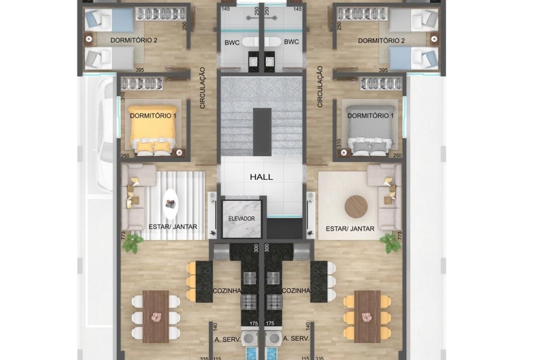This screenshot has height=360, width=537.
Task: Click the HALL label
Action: click(261, 177)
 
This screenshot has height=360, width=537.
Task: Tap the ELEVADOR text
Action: click(241, 219)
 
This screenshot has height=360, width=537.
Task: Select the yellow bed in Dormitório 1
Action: click(153, 130)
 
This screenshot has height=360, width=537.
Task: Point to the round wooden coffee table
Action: click(356, 207)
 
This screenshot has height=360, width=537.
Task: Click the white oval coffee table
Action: click(170, 204)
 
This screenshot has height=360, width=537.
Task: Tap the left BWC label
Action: click(232, 43)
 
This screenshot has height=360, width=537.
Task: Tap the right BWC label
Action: click(291, 42)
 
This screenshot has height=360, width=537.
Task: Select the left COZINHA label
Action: click(227, 291)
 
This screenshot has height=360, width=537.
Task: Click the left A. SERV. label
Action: click(227, 339)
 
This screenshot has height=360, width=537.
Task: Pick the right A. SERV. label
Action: click(296, 338)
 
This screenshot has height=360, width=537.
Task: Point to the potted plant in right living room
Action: click(390, 244)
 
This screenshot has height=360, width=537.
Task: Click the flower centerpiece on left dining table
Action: click(156, 317)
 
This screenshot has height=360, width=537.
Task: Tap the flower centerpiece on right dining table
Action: click(367, 317)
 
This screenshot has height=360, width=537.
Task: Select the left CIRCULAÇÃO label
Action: click(202, 88)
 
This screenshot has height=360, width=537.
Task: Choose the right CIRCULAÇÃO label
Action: click(320, 87)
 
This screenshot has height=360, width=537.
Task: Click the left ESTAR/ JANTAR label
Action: click(173, 227)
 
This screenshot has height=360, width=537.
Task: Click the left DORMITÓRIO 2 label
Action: click(134, 40)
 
